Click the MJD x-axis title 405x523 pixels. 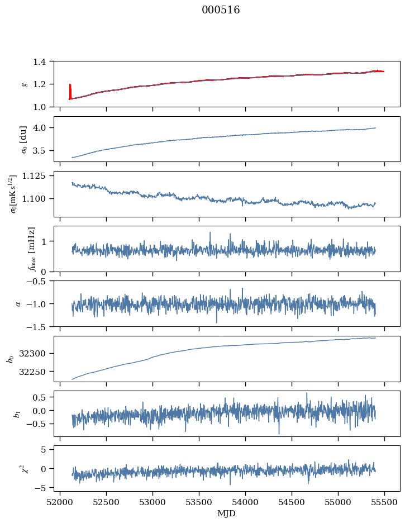pyautogui.click(x=227, y=514)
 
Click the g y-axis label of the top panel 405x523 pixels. pyautogui.click(x=24, y=84)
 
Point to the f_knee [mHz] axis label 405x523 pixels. pyautogui.click(x=31, y=249)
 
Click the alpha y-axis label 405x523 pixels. pyautogui.click(x=19, y=303)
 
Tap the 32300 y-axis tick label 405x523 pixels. pyautogui.click(x=37, y=354)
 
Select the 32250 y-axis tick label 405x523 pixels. pyautogui.click(x=37, y=372)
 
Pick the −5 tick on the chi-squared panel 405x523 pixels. pyautogui.click(x=42, y=488)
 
